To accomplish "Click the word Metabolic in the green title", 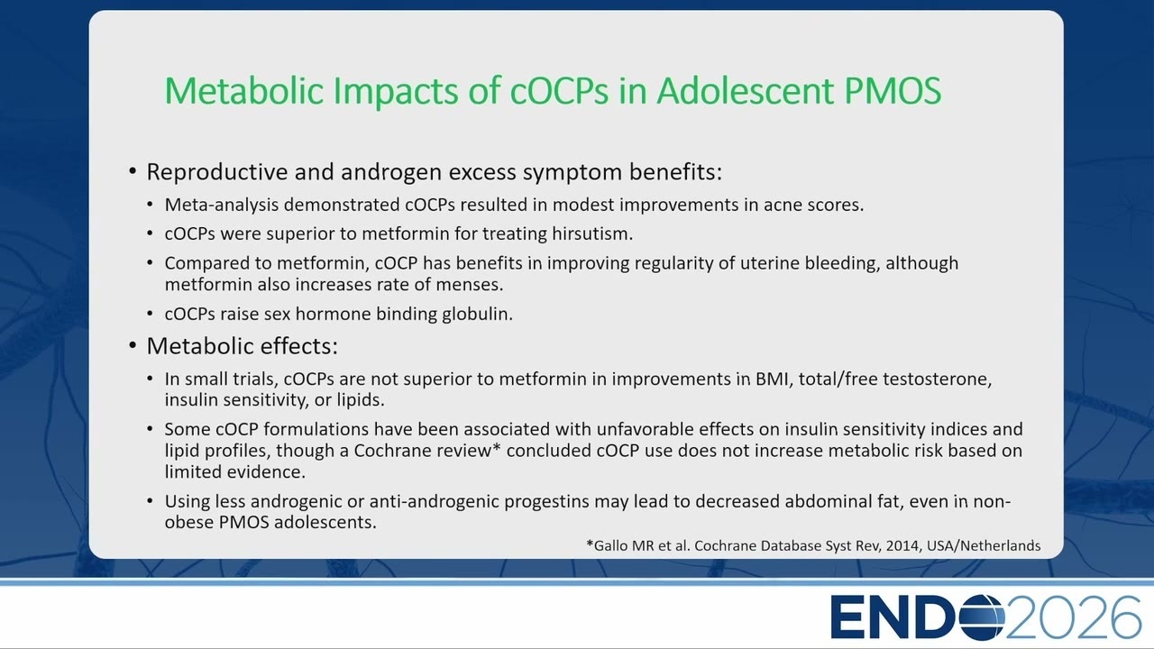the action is click(x=245, y=91).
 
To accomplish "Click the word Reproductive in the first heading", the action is click(x=217, y=172).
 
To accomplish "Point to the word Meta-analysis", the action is click(x=222, y=205).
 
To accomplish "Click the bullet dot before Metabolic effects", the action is click(x=133, y=345).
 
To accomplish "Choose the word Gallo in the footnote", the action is click(x=611, y=545).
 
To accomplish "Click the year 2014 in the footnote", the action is click(x=903, y=545).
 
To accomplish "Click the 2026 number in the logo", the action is click(x=1074, y=617).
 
